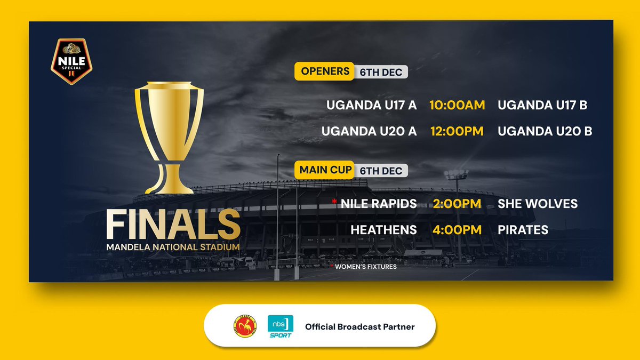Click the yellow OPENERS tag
[x=325, y=71]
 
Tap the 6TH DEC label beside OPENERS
[x=380, y=72]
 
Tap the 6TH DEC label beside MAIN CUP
[x=380, y=171]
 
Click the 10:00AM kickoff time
[x=457, y=105]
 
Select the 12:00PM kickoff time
[x=457, y=131]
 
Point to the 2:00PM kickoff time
[x=457, y=203]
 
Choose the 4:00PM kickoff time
[x=457, y=230]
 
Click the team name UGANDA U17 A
[x=372, y=105]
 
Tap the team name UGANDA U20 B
[x=545, y=131]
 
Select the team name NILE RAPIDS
[x=379, y=203]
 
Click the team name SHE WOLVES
[x=537, y=203]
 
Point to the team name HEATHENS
[x=383, y=230]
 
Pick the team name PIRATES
[x=523, y=230]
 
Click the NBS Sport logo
[x=279, y=326]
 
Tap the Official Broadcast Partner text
[x=359, y=326]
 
